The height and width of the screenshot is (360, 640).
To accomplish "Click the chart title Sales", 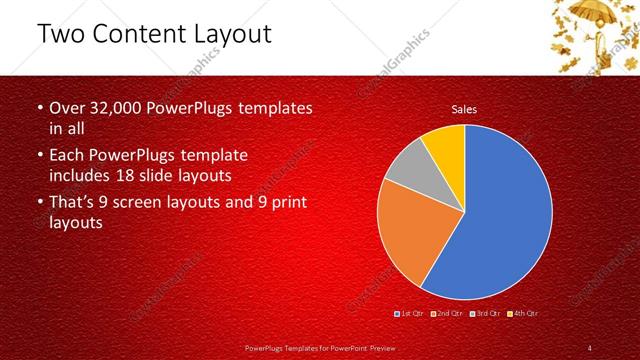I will click(x=464, y=109).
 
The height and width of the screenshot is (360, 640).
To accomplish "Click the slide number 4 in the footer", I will click(x=590, y=348).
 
